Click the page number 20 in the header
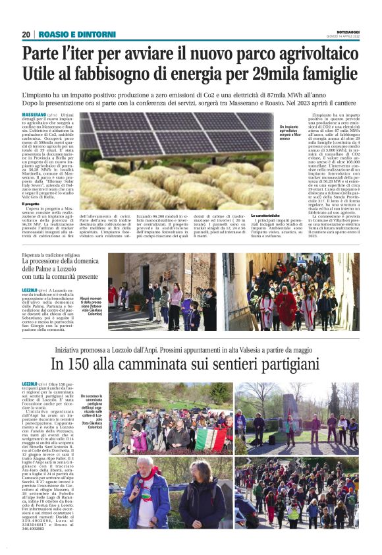pos(26,34)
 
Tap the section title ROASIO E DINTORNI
pos(77,34)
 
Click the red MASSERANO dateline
pos(34,115)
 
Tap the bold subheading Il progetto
pos(33,204)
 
